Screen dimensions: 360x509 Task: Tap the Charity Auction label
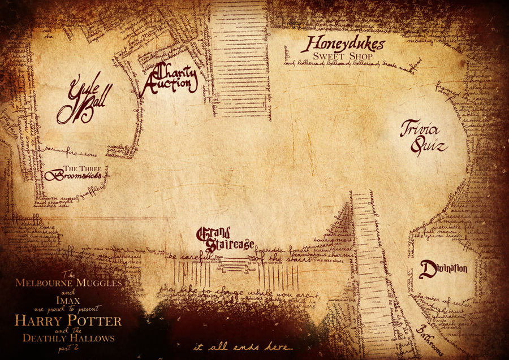pyautogui.click(x=170, y=79)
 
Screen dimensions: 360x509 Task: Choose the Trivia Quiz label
pyautogui.click(x=424, y=137)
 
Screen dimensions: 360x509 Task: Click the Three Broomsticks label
pyautogui.click(x=75, y=173)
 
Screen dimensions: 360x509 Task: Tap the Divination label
pyautogui.click(x=444, y=267)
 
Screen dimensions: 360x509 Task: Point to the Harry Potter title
pyautogui.click(x=68, y=322)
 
